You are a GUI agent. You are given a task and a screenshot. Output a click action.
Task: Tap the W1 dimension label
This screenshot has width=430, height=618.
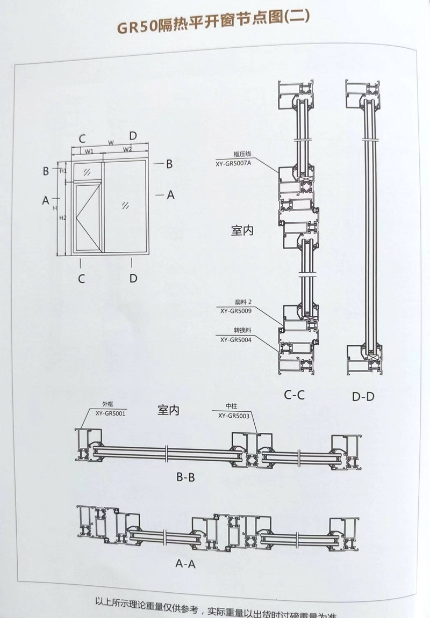coord(89,151)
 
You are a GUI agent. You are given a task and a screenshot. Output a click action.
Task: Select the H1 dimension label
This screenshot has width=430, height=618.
coord(63,171)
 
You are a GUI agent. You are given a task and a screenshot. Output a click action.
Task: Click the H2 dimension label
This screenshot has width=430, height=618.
coord(63,218)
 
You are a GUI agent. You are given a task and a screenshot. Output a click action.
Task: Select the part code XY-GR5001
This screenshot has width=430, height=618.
coord(110,413)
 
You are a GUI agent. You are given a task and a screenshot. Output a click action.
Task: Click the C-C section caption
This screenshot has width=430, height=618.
coord(295,396)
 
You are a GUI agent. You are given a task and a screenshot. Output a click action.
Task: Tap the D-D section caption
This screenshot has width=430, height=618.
coord(363,397)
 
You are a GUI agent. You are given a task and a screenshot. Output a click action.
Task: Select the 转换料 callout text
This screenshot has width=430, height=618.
coord(239,331)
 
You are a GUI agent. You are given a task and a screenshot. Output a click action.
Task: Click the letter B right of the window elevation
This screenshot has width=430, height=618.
coord(168,164)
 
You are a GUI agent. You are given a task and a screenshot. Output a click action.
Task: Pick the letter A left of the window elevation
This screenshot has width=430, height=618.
coord(46,200)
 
